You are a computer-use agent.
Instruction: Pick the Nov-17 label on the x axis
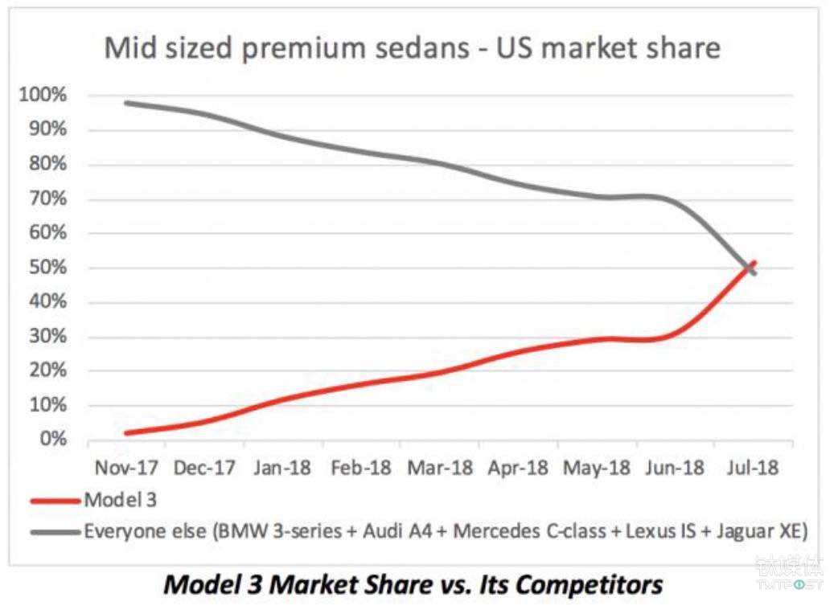point(126,468)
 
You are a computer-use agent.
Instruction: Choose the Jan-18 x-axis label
point(283,468)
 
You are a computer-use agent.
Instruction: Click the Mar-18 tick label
point(440,468)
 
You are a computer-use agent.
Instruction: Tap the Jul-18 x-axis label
point(754,468)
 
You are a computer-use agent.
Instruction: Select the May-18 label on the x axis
point(597,468)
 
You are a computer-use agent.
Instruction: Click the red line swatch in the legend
point(56,500)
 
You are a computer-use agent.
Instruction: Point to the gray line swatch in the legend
point(56,530)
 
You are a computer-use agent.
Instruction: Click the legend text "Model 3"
point(120,500)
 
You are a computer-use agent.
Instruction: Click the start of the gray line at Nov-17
point(127,103)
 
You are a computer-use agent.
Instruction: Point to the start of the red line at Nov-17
point(127,432)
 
